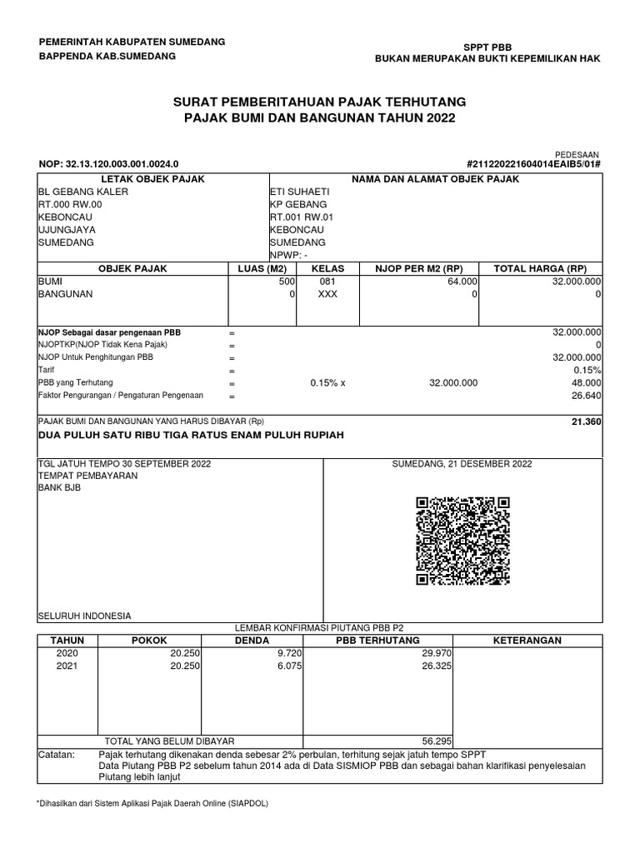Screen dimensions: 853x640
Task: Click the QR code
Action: point(462,541)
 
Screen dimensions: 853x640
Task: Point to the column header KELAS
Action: point(327,268)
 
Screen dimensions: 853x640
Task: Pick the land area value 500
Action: point(287,282)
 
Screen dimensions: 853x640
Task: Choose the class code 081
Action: point(327,282)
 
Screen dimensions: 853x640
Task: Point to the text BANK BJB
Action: point(60,488)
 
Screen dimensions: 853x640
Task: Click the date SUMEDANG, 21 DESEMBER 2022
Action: point(462,464)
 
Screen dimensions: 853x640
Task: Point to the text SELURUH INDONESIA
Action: point(85,616)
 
